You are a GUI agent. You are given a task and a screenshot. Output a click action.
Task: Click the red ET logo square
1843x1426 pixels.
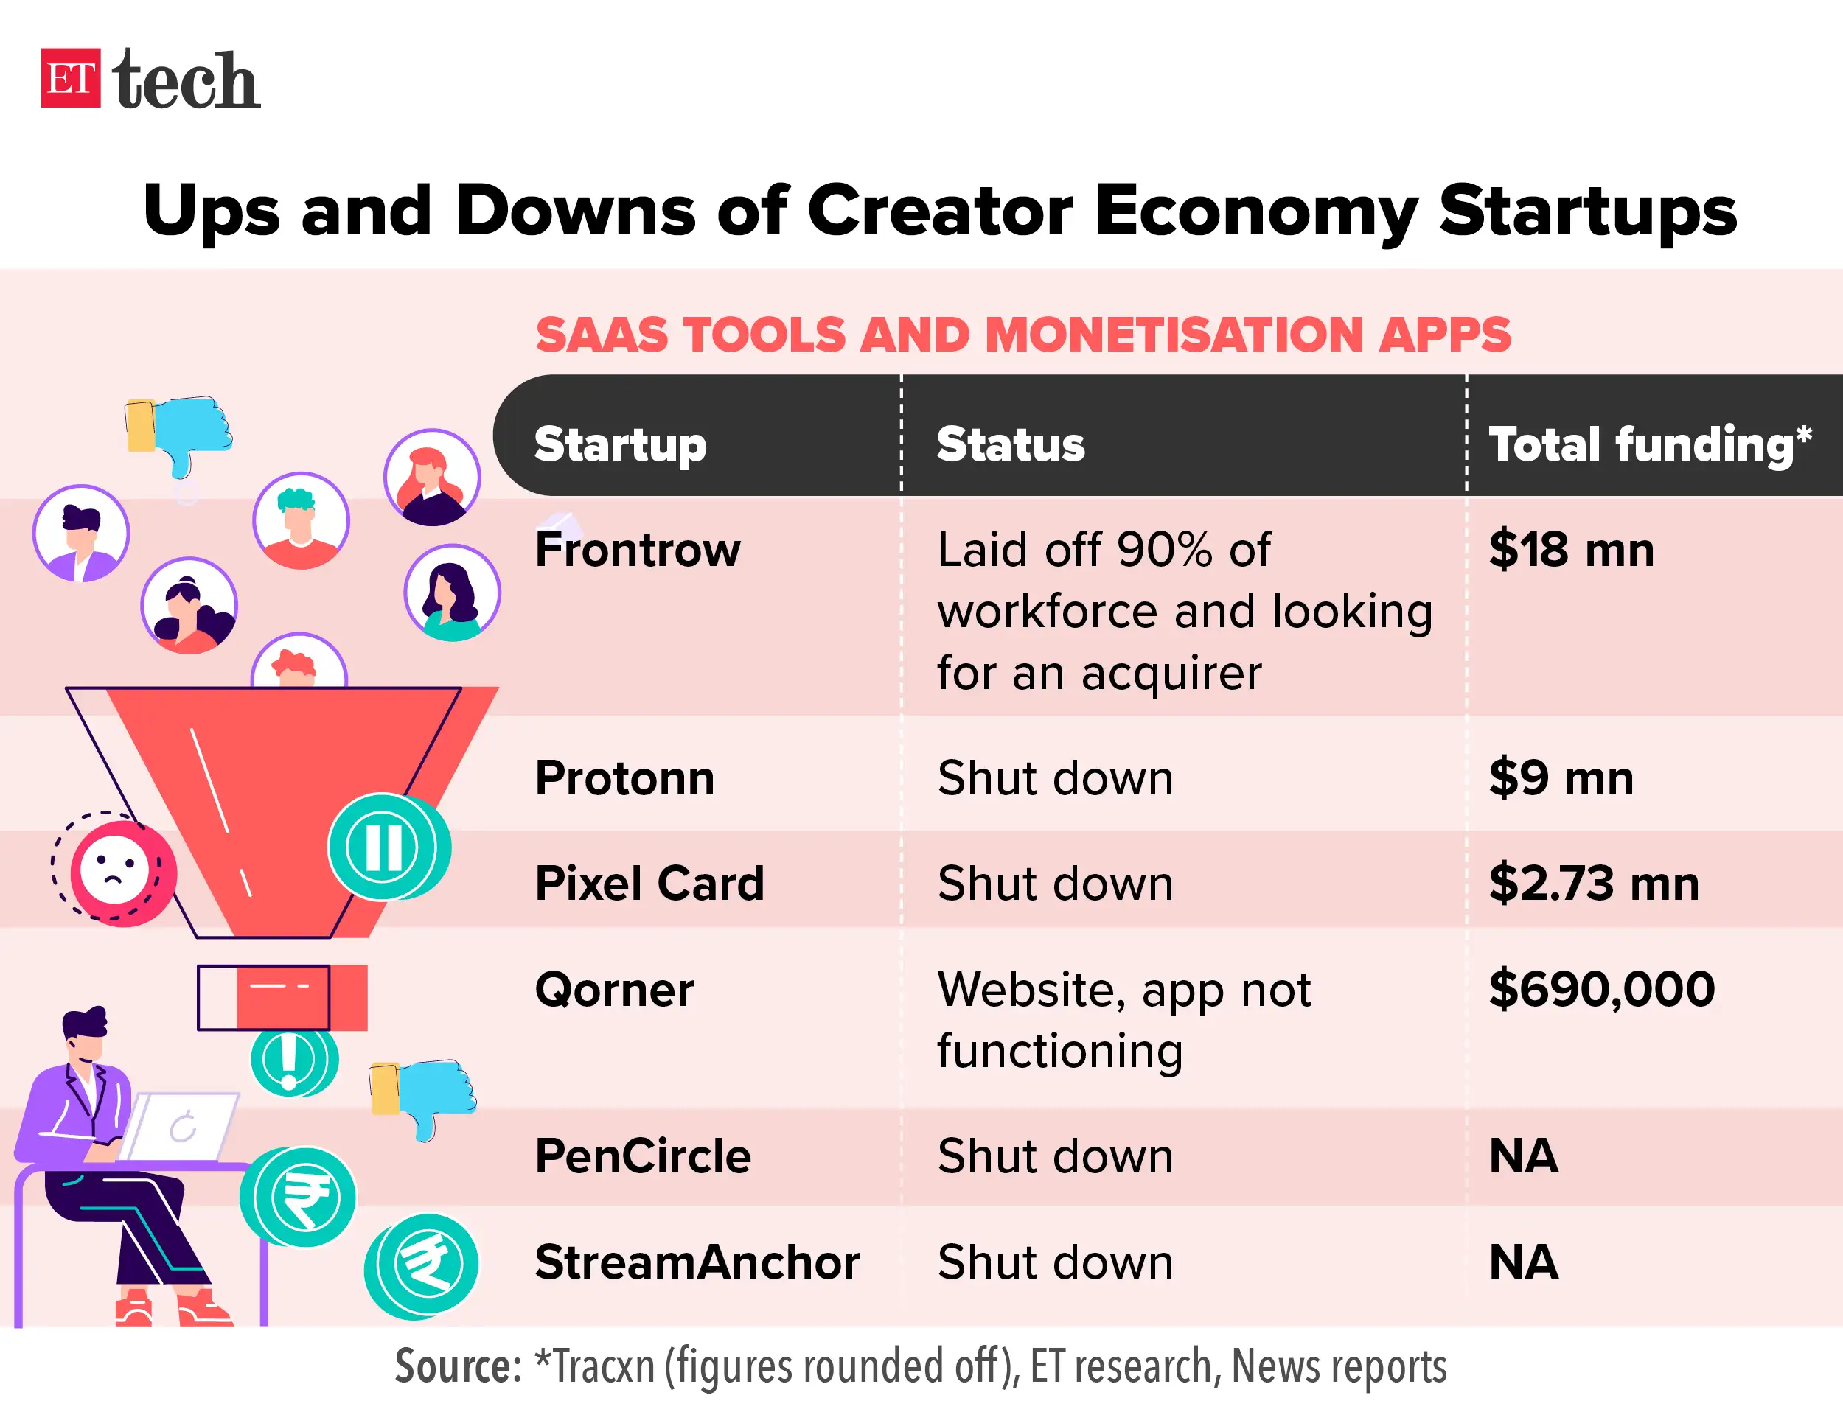pyautogui.click(x=70, y=77)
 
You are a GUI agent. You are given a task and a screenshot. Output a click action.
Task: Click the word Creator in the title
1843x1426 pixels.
pyautogui.click(x=939, y=211)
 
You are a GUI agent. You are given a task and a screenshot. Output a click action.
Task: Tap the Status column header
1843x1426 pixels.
pyautogui.click(x=1010, y=444)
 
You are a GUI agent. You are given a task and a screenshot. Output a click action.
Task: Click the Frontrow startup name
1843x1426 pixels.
pyautogui.click(x=637, y=551)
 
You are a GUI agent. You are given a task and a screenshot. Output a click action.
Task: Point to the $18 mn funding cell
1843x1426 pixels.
pyautogui.click(x=1570, y=551)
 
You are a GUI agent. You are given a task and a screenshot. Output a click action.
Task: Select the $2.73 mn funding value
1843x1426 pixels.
pyautogui.click(x=1593, y=884)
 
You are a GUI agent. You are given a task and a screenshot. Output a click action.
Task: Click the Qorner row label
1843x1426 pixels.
pyautogui.click(x=613, y=989)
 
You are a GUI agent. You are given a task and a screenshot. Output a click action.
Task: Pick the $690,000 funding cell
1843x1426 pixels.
pyautogui.click(x=1600, y=989)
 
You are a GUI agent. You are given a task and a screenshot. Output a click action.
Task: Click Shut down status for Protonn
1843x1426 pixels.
pyautogui.click(x=1055, y=778)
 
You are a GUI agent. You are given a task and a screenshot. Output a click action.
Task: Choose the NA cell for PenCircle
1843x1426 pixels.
pyautogui.click(x=1523, y=1156)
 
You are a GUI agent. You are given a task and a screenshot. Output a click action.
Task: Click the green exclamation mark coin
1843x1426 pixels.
pyautogui.click(x=290, y=1060)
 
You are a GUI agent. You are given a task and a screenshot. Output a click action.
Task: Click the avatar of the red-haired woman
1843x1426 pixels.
pyautogui.click(x=432, y=477)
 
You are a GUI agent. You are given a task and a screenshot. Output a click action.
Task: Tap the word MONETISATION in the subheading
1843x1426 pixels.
pyautogui.click(x=1174, y=335)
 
